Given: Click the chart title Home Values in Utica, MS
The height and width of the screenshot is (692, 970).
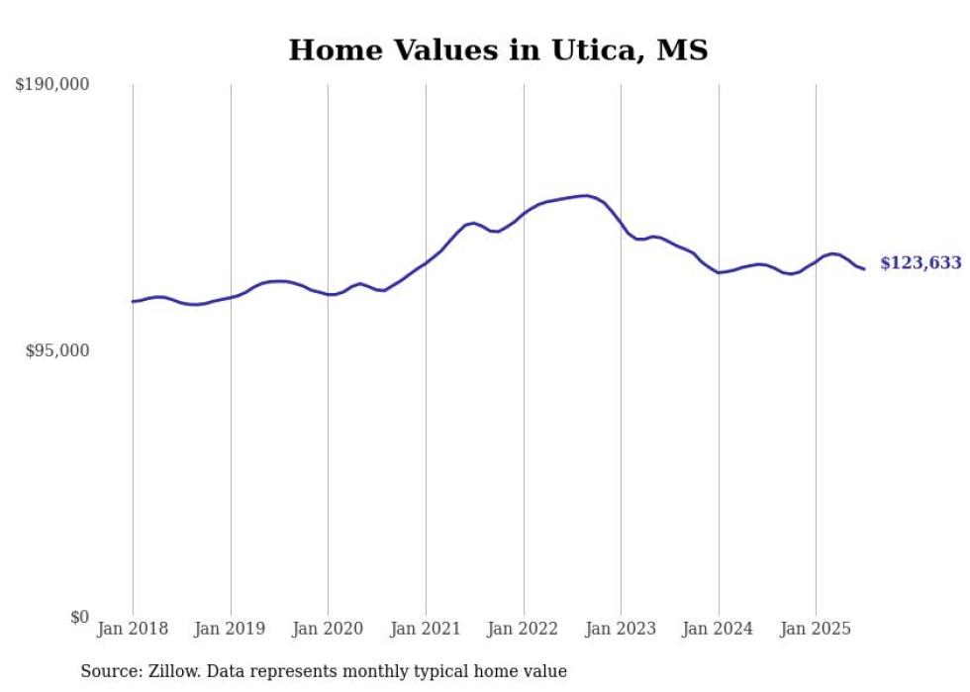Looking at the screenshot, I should [498, 49].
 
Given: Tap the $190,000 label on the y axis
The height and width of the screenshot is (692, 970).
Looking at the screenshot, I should [52, 85].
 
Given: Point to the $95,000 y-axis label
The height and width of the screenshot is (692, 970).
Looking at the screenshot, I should [56, 350].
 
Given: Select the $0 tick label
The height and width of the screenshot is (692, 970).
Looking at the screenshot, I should [79, 617].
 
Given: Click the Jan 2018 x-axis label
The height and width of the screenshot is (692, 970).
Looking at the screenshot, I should [133, 629].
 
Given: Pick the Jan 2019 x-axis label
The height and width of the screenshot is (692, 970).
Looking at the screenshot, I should [231, 629].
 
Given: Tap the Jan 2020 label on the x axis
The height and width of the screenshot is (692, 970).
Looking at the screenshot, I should [328, 629].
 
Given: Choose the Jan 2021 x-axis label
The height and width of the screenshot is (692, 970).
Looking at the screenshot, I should [426, 629].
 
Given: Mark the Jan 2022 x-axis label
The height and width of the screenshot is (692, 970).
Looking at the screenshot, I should [524, 629].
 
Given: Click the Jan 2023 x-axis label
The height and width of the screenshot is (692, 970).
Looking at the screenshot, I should [621, 629].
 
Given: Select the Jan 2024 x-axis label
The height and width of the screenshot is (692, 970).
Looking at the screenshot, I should [719, 629].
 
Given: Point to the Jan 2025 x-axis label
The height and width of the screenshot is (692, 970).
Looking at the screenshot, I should [816, 629].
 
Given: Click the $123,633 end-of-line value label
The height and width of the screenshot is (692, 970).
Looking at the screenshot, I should [921, 263].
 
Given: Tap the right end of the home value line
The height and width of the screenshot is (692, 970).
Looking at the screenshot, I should [864, 268].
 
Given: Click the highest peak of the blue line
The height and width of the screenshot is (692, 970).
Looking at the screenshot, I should [586, 195].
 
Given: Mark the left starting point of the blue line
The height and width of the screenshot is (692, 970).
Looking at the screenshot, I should [133, 301].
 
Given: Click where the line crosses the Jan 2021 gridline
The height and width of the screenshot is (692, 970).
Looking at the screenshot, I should [426, 263].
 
